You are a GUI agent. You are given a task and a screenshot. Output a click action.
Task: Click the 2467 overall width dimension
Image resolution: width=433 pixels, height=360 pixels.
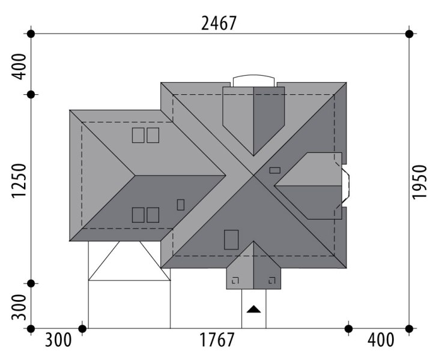tap(219, 23)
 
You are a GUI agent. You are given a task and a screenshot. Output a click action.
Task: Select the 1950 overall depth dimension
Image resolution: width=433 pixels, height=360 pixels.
tap(419, 182)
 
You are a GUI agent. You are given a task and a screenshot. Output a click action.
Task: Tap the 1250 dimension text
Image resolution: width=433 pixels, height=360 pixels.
tap(19, 181)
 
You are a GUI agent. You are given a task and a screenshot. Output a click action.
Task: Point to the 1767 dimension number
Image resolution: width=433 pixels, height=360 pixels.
tap(217, 340)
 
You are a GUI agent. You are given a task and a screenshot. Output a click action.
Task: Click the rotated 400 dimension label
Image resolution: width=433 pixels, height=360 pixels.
tap(19, 67)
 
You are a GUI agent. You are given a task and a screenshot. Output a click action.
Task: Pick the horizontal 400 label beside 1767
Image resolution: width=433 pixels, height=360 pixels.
tap(381, 340)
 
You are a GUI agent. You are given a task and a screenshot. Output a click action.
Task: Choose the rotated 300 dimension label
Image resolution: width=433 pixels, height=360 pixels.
tap(19, 307)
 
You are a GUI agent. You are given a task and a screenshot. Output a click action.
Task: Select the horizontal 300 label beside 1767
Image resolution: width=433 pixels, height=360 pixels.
tap(58, 340)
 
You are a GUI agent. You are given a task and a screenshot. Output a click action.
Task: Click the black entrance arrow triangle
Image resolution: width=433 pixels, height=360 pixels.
tap(253, 309)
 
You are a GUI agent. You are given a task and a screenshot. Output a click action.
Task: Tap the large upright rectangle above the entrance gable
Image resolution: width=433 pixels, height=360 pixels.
tap(231, 240)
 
